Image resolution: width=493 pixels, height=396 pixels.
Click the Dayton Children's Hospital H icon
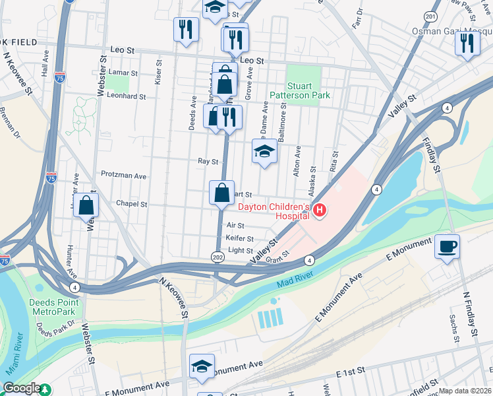(x=320, y=211)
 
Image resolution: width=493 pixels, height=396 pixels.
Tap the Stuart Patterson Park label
(x=308, y=90)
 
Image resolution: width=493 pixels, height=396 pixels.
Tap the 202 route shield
(x=217, y=256)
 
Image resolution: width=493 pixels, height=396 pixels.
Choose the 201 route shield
(x=431, y=16)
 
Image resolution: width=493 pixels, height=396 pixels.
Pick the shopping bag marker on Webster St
(x=86, y=206)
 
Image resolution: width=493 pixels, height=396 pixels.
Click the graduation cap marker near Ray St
(x=264, y=152)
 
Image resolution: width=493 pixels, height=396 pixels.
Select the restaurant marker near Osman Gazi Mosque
(x=467, y=44)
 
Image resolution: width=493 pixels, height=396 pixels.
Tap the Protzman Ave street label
(x=123, y=176)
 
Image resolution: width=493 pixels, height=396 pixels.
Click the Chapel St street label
(x=131, y=204)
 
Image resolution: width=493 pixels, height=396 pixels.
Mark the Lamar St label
(x=124, y=74)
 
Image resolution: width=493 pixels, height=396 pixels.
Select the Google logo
(x=21, y=389)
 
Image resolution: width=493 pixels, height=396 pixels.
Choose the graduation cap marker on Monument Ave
(x=202, y=368)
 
